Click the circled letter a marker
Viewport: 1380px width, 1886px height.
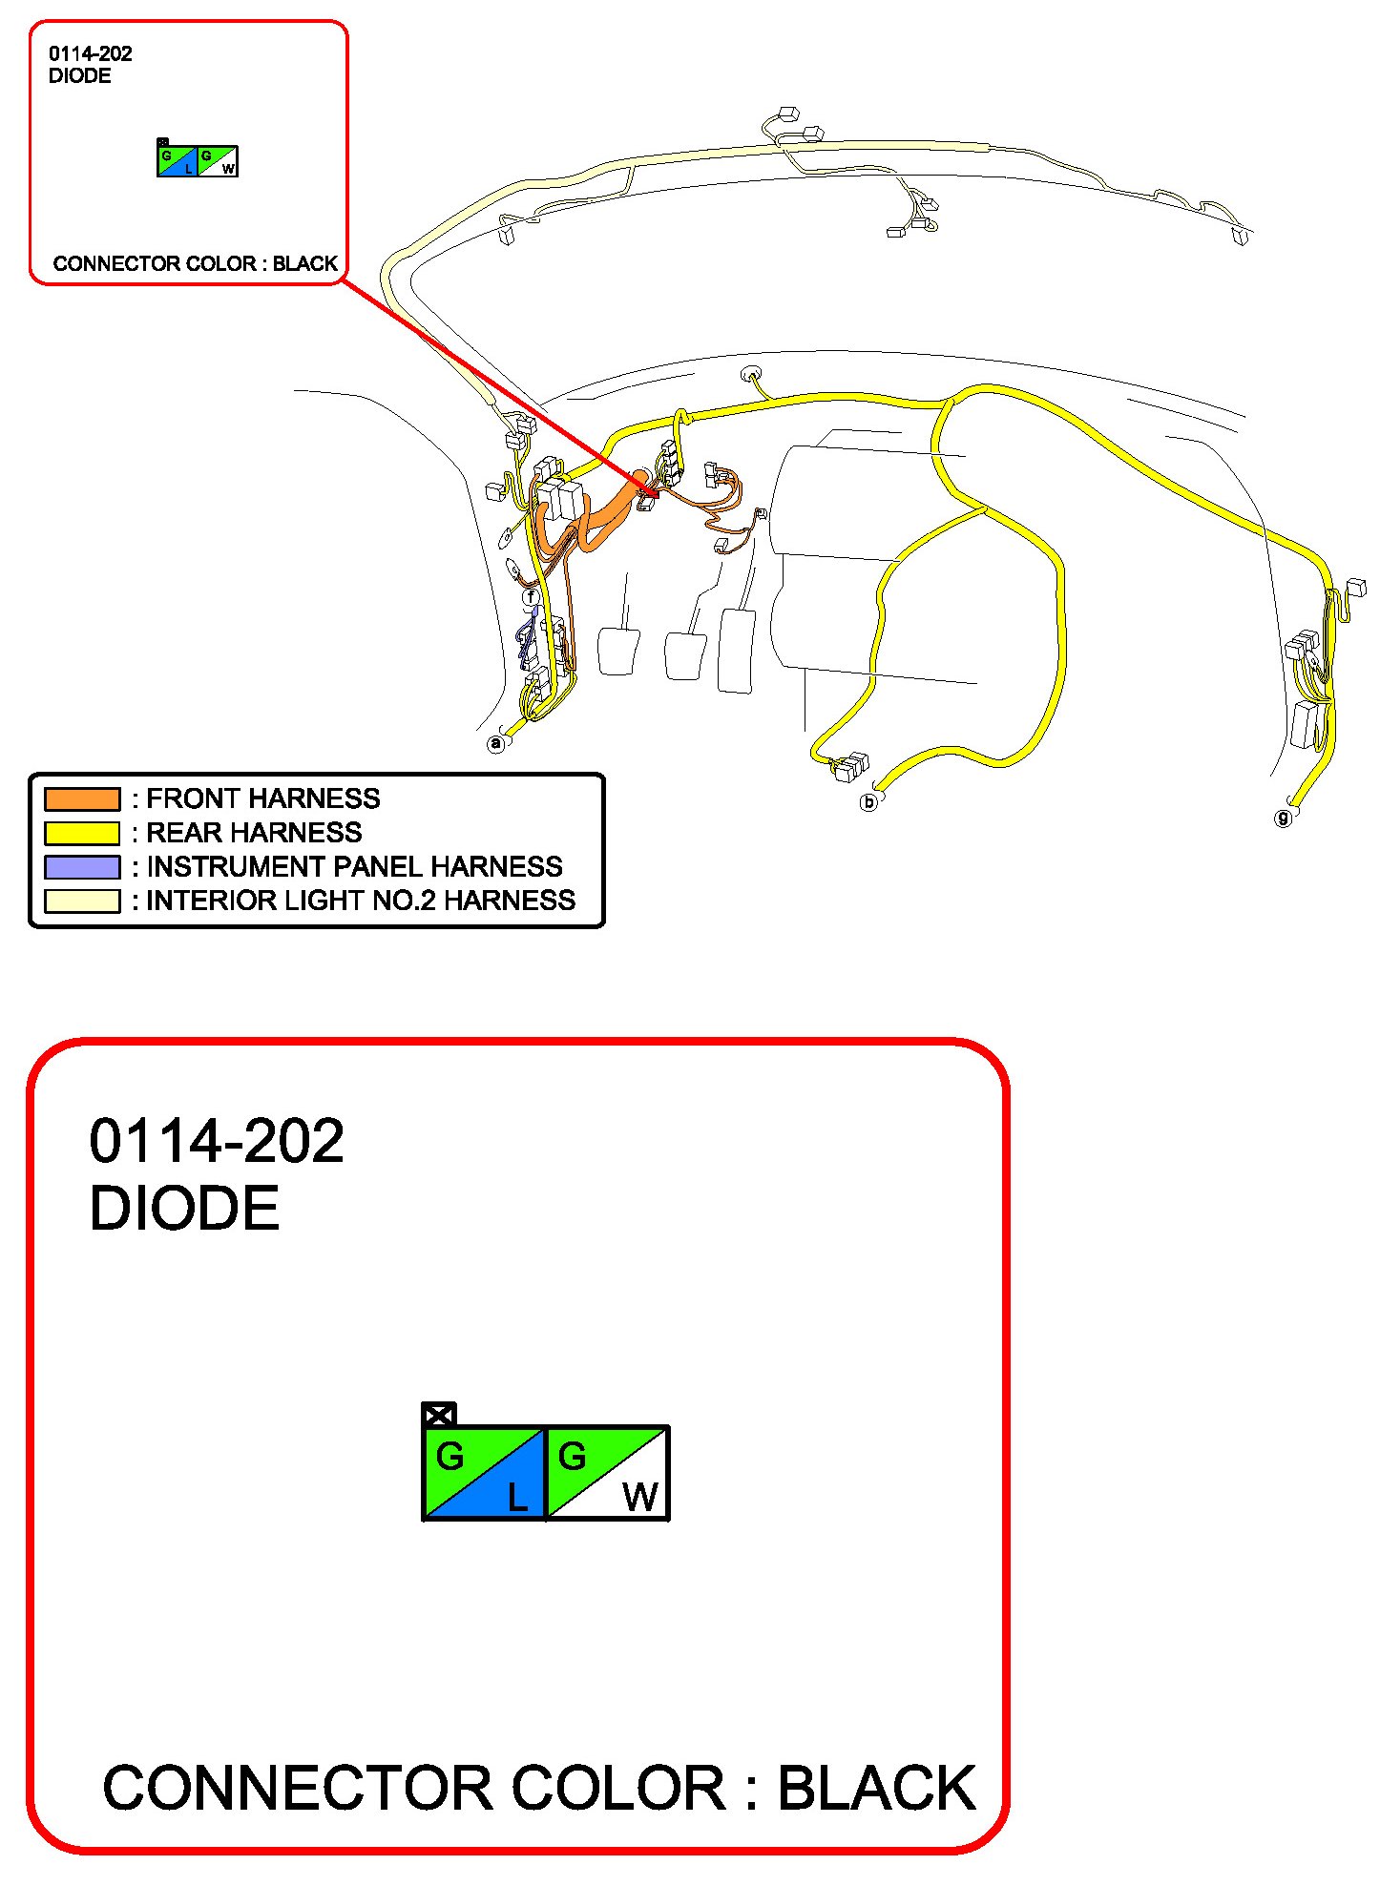(495, 743)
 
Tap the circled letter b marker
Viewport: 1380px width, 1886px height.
(868, 802)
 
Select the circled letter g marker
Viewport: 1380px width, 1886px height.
(1284, 818)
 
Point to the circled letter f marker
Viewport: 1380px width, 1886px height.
(532, 598)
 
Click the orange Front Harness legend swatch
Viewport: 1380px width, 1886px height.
(82, 798)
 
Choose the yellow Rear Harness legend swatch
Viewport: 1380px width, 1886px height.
(82, 833)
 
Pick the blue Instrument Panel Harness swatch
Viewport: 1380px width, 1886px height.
(82, 867)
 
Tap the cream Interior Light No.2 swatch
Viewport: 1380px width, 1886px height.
(82, 902)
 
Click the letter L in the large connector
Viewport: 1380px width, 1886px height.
(517, 1498)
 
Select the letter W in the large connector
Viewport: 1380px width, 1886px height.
(640, 1498)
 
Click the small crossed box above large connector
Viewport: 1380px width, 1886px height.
(439, 1415)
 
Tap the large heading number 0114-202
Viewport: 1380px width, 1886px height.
(217, 1141)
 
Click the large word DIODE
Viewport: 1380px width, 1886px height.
(184, 1209)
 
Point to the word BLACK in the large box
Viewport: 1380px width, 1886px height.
(877, 1788)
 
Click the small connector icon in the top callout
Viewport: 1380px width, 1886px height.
(198, 159)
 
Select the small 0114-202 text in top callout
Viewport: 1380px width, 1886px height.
(91, 53)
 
